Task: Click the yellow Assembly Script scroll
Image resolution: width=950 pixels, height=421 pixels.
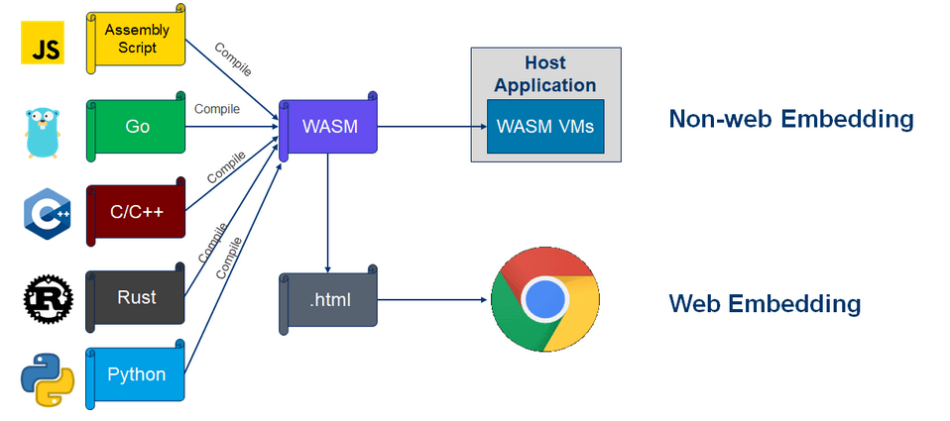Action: click(137, 41)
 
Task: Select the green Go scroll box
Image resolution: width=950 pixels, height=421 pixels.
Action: click(137, 127)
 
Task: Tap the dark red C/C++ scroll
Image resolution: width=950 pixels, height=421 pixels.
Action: click(137, 211)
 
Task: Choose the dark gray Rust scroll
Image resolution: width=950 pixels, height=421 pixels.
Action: click(137, 296)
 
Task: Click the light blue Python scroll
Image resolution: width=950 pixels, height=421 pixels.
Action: click(137, 374)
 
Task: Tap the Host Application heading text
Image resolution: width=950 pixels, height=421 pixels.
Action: click(545, 74)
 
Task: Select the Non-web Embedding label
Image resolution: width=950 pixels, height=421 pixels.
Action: click(790, 120)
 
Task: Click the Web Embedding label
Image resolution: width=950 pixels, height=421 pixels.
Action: click(765, 303)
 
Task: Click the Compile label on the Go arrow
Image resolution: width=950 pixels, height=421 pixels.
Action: click(216, 109)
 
